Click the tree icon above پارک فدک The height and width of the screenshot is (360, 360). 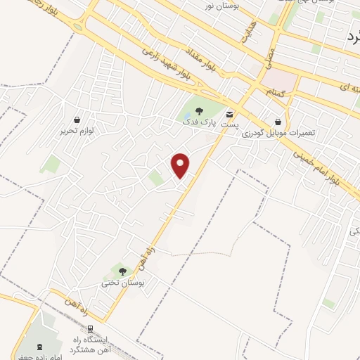200,111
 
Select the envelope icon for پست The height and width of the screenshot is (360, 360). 230,113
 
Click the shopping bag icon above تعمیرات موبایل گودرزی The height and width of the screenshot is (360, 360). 279,122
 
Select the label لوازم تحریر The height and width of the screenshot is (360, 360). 77,130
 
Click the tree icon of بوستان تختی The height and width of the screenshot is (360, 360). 122,271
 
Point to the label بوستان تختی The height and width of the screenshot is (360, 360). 123,282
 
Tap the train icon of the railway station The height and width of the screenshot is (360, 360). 90,329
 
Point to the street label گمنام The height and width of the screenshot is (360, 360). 275,92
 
